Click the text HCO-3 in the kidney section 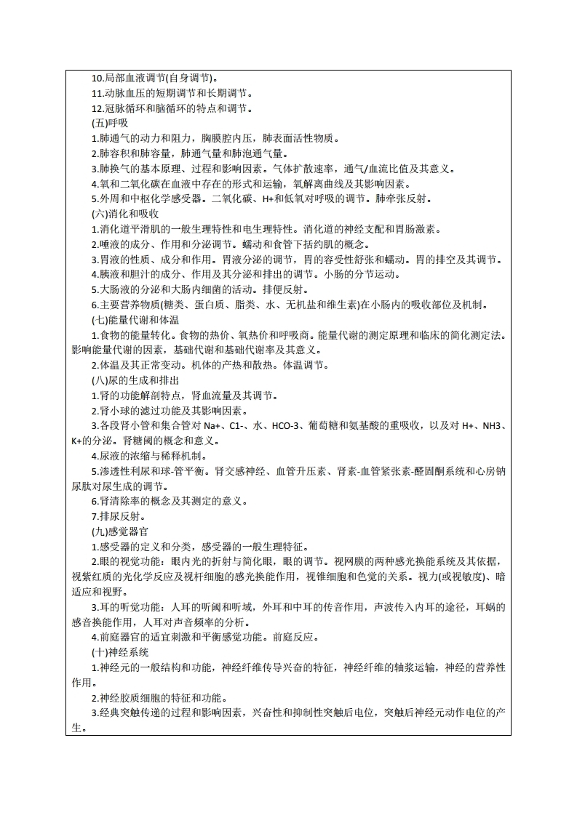click(285, 426)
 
